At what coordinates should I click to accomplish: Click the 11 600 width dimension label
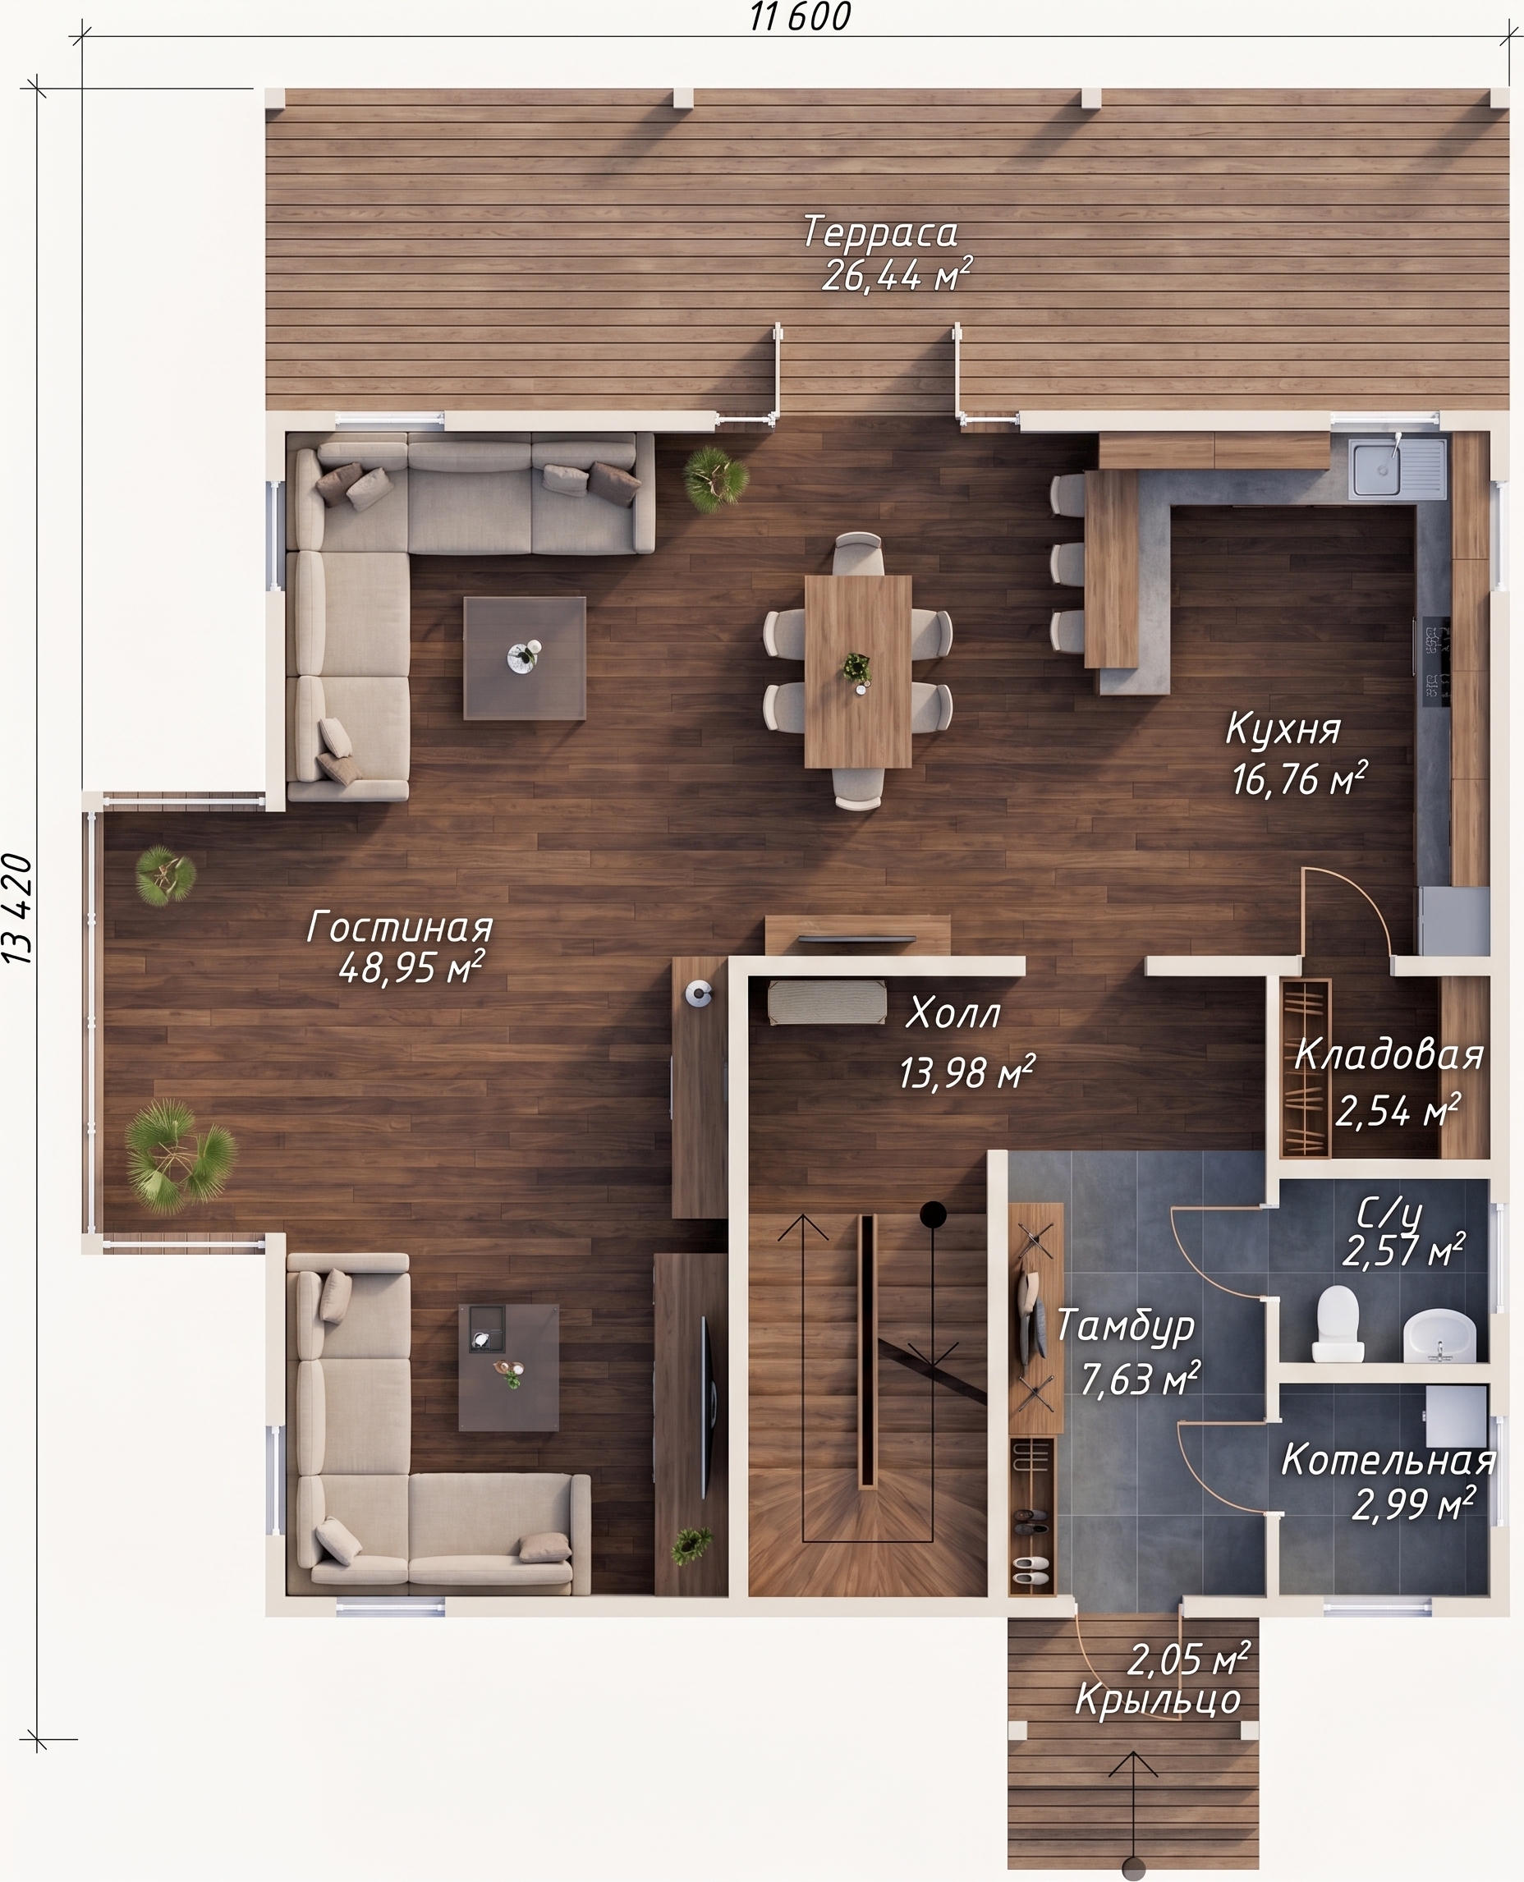(x=800, y=16)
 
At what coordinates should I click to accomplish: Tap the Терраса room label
(x=879, y=232)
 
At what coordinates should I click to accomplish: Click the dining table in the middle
(x=858, y=672)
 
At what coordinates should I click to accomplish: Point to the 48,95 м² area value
(x=411, y=968)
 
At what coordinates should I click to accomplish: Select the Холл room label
(x=952, y=1013)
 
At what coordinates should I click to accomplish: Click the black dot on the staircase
(x=932, y=1214)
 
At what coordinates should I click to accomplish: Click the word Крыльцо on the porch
(x=1158, y=1701)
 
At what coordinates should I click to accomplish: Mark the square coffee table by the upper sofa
(x=525, y=659)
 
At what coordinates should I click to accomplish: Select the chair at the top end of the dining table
(x=858, y=553)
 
